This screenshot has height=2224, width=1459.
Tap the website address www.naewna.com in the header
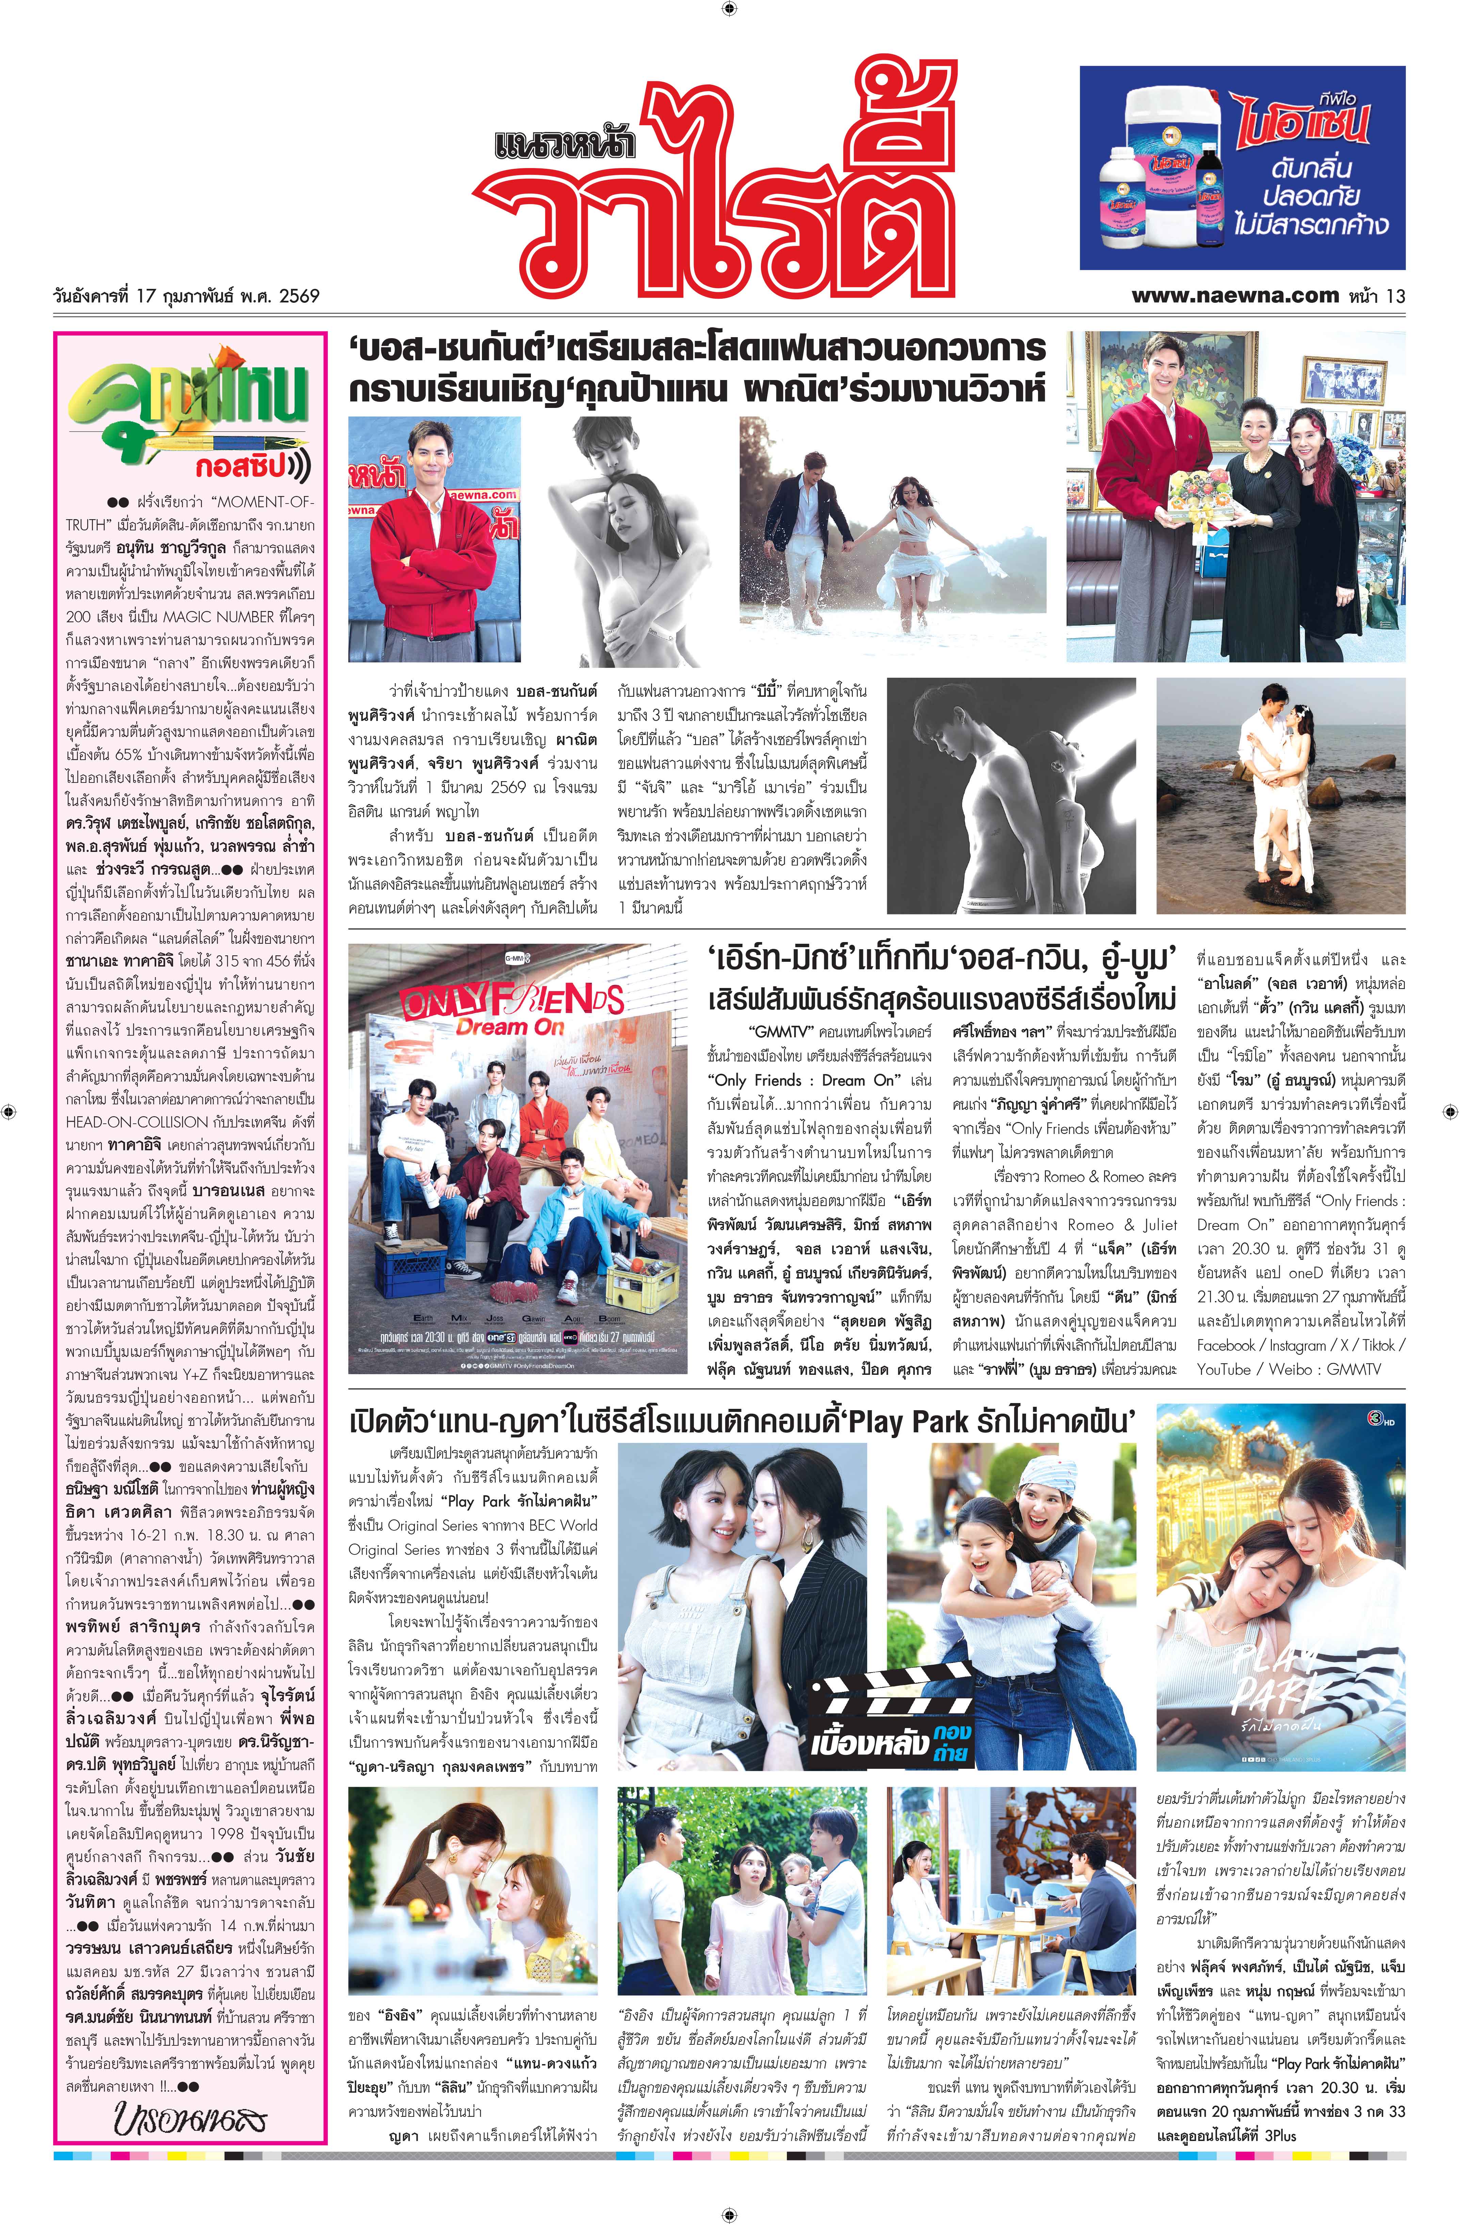(1234, 295)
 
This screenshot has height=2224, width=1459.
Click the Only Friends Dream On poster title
(512, 1009)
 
